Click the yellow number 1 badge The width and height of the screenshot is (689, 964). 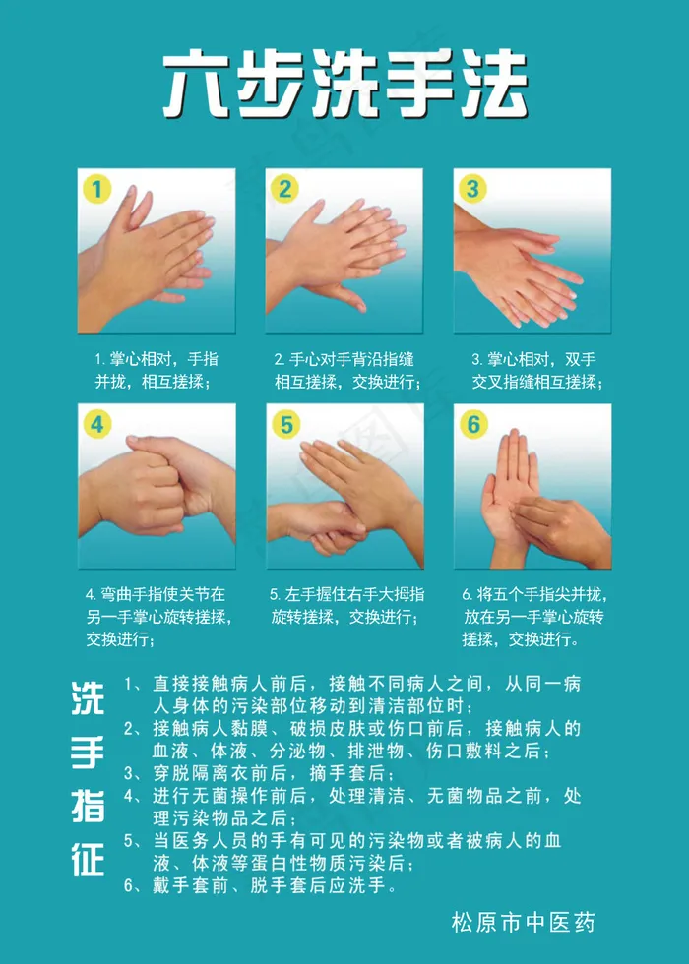(97, 188)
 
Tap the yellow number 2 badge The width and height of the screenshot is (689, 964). (284, 188)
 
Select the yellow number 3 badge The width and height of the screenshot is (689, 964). (472, 188)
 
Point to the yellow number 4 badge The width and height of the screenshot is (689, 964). (97, 424)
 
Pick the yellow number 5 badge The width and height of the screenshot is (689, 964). (286, 424)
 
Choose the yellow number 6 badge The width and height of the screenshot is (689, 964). (473, 424)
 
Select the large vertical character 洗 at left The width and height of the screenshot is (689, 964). (88, 699)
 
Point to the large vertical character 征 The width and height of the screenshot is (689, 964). (88, 859)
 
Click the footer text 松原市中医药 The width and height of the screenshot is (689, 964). (524, 923)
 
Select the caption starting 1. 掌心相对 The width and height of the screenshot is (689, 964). (157, 370)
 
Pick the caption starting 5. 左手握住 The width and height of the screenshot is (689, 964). (346, 606)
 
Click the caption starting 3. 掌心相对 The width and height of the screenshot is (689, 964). (537, 370)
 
